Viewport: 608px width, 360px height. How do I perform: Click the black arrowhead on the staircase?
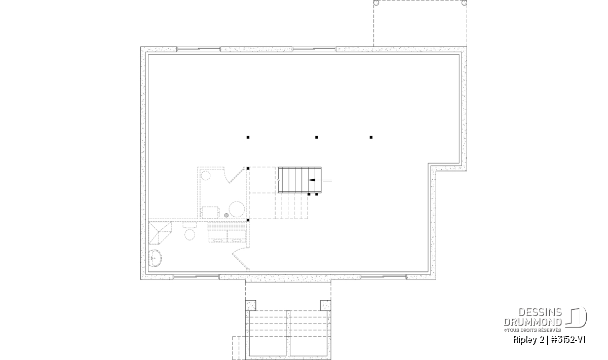(x=311, y=180)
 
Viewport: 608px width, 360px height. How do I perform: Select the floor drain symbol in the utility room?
(x=226, y=215)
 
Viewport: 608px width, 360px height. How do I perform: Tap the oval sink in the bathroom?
(x=155, y=258)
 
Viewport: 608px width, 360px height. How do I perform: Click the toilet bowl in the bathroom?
(x=189, y=234)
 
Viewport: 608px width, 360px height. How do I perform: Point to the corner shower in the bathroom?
(x=160, y=233)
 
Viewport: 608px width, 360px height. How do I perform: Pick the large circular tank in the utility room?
(x=237, y=209)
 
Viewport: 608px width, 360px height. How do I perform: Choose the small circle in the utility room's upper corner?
(x=206, y=176)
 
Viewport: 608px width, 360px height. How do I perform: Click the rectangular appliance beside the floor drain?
(x=210, y=213)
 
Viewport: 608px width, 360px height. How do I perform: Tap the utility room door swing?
(x=234, y=175)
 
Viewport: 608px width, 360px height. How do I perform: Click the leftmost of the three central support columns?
(x=248, y=137)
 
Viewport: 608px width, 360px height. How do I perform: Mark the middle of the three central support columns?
(x=317, y=137)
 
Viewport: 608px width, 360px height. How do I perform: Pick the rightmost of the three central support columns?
(x=371, y=137)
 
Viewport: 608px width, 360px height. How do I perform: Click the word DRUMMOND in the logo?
(x=533, y=322)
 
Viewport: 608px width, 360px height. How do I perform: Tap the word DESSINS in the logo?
(x=540, y=312)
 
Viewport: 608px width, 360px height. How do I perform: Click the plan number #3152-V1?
(x=568, y=340)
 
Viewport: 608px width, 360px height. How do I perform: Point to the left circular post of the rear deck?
(x=376, y=3)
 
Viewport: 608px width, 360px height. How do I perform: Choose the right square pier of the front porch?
(x=326, y=305)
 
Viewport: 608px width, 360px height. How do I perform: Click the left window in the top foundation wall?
(x=199, y=49)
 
